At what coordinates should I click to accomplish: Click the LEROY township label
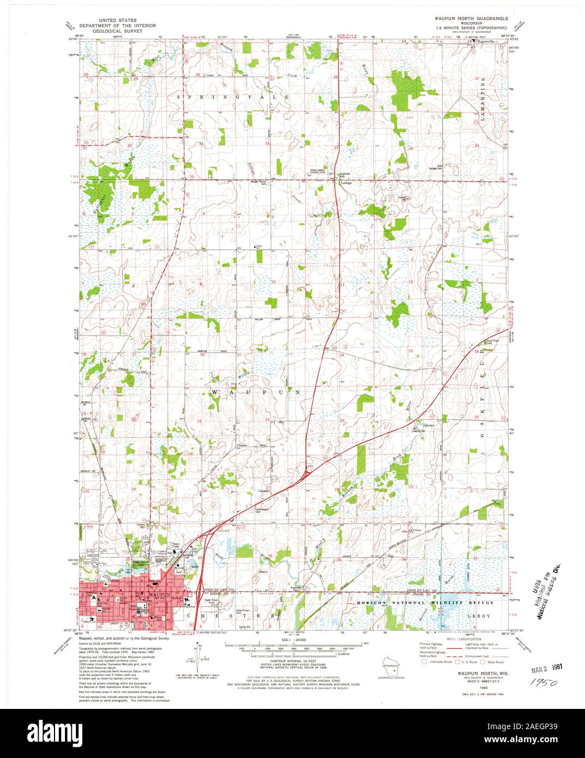pos(481,615)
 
